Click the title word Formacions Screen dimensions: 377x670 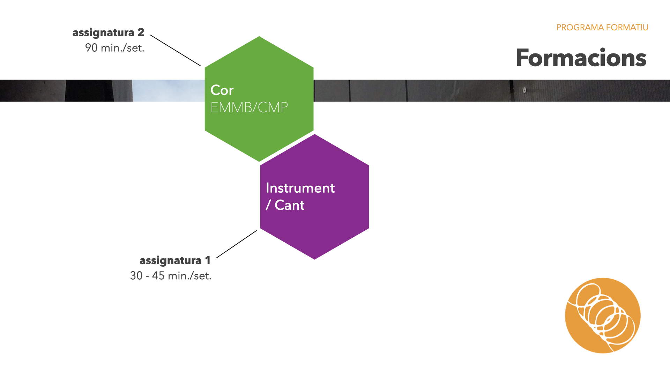point(581,58)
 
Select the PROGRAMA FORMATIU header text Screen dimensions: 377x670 point(602,28)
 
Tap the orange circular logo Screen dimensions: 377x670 point(603,315)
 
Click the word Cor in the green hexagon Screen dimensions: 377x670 point(222,90)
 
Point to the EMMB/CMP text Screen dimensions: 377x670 point(249,108)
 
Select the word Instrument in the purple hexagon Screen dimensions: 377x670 point(300,188)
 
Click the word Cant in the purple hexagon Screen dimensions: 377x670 point(290,205)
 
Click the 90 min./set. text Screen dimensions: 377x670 point(114,48)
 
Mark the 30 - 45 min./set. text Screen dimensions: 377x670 point(171,276)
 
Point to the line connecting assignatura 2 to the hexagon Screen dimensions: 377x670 point(175,50)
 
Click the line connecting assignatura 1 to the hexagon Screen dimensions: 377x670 point(237,244)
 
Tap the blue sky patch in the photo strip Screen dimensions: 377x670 point(167,91)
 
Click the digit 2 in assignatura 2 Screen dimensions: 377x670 point(141,32)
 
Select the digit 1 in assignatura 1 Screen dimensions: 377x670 point(208,260)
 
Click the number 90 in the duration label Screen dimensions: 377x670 point(91,48)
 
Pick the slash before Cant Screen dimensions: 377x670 point(268,205)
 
